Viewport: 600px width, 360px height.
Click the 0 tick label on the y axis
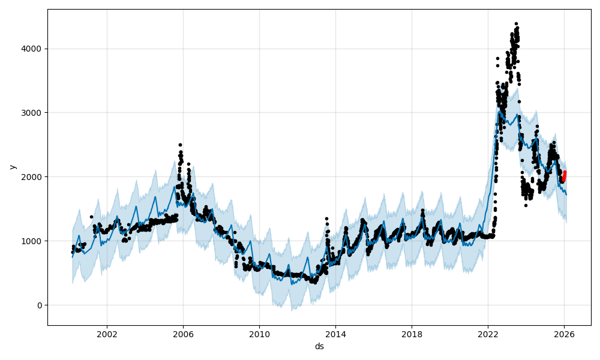(x=40, y=305)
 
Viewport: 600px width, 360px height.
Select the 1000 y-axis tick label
(x=34, y=241)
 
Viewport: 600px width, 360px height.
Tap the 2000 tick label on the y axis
(x=34, y=177)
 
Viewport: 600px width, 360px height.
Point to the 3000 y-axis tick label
(x=34, y=113)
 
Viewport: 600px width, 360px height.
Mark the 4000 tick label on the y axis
(x=34, y=49)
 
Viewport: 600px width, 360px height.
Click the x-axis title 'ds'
(x=319, y=346)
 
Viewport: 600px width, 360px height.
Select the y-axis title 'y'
(x=11, y=167)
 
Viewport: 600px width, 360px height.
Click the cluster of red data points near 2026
(x=563, y=176)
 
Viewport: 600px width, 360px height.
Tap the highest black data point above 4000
(x=516, y=23)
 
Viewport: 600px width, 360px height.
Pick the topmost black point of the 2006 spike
(x=180, y=145)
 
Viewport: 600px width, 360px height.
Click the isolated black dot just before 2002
(x=91, y=217)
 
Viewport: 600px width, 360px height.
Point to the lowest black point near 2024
(x=526, y=205)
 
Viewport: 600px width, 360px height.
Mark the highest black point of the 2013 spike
(x=326, y=219)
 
